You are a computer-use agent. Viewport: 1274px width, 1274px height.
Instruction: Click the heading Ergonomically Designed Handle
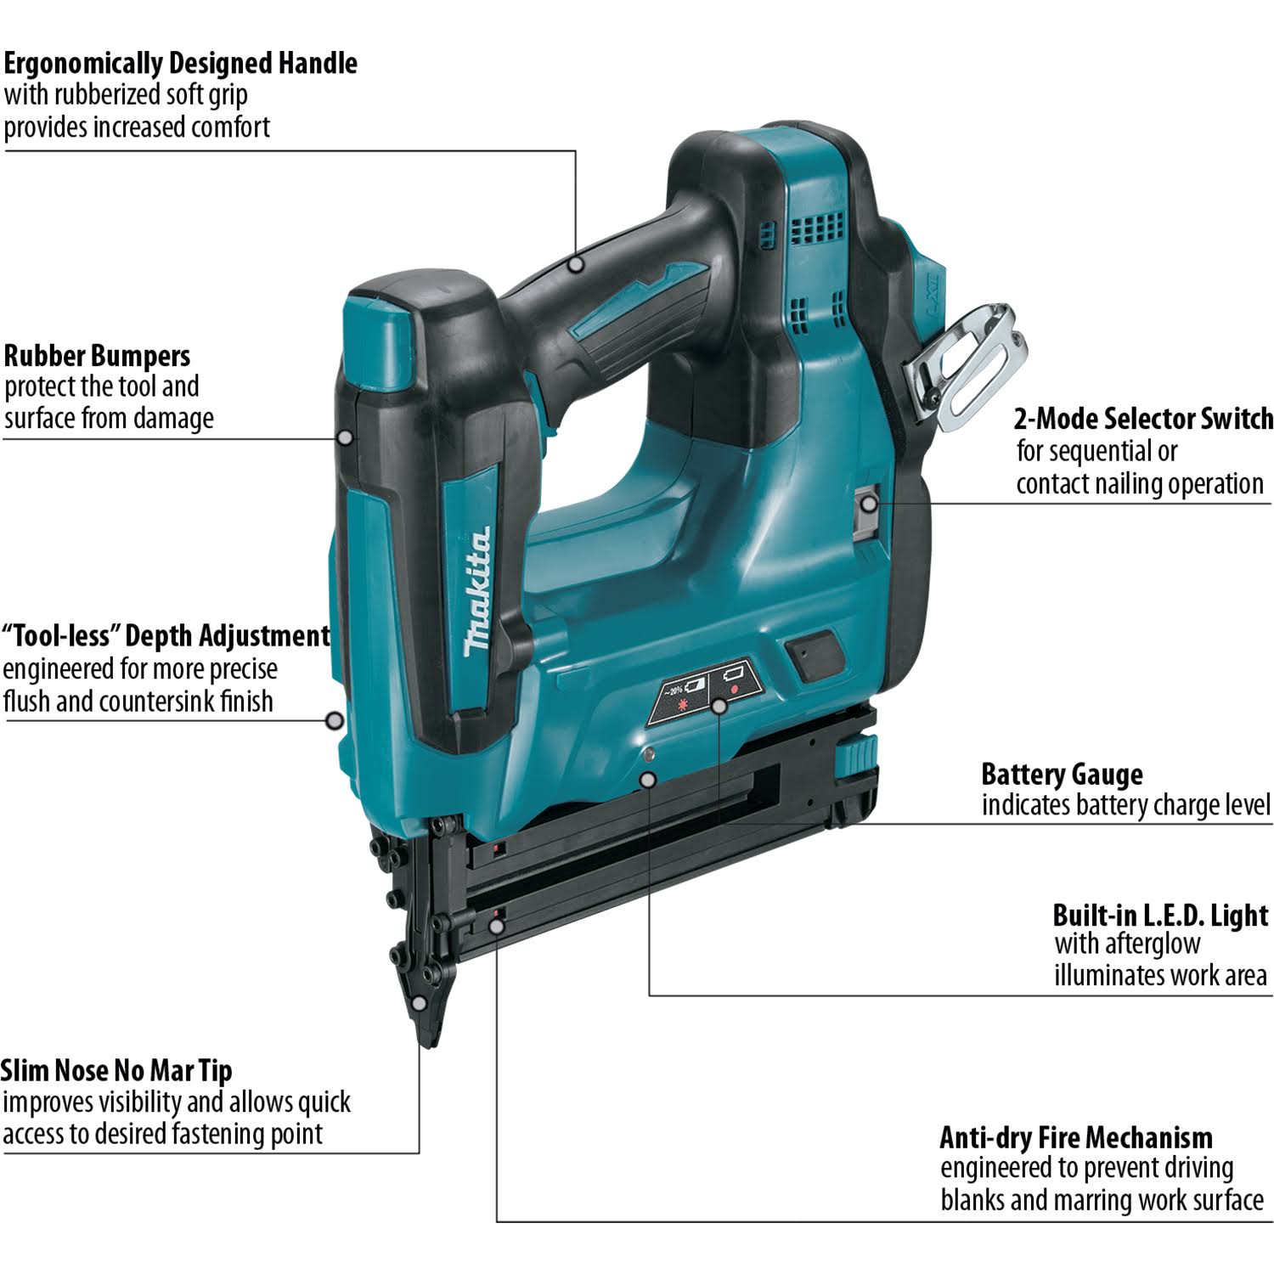[180, 64]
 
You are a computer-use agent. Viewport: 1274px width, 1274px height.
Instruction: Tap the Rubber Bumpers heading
[97, 356]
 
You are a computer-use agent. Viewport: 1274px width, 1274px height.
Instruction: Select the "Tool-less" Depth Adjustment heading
[166, 636]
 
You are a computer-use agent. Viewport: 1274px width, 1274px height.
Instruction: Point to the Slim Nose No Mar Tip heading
[116, 1070]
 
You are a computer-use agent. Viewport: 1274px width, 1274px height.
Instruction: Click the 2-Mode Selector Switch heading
[1143, 419]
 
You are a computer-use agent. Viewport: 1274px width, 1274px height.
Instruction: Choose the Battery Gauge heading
[1062, 775]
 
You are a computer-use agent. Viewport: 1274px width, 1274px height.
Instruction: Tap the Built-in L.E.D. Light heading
[1160, 916]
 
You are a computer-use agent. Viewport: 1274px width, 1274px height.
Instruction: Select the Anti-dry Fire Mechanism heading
[1076, 1137]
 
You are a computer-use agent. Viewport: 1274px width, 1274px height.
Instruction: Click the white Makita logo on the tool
[476, 592]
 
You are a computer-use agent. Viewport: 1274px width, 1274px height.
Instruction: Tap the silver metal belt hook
[968, 361]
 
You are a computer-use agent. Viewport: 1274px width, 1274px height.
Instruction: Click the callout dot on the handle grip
[577, 264]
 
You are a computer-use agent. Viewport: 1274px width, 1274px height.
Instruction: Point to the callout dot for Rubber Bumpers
[345, 437]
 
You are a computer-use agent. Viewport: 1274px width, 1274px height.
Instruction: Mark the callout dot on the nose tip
[419, 1003]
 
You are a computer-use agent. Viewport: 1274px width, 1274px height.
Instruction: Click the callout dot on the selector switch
[868, 504]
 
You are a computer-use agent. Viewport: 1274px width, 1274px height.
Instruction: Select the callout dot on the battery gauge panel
[719, 706]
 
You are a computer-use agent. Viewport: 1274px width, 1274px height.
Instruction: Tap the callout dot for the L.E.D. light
[649, 778]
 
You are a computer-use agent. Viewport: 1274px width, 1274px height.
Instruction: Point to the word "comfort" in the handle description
[230, 127]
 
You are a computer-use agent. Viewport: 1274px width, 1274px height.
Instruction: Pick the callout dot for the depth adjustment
[335, 721]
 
